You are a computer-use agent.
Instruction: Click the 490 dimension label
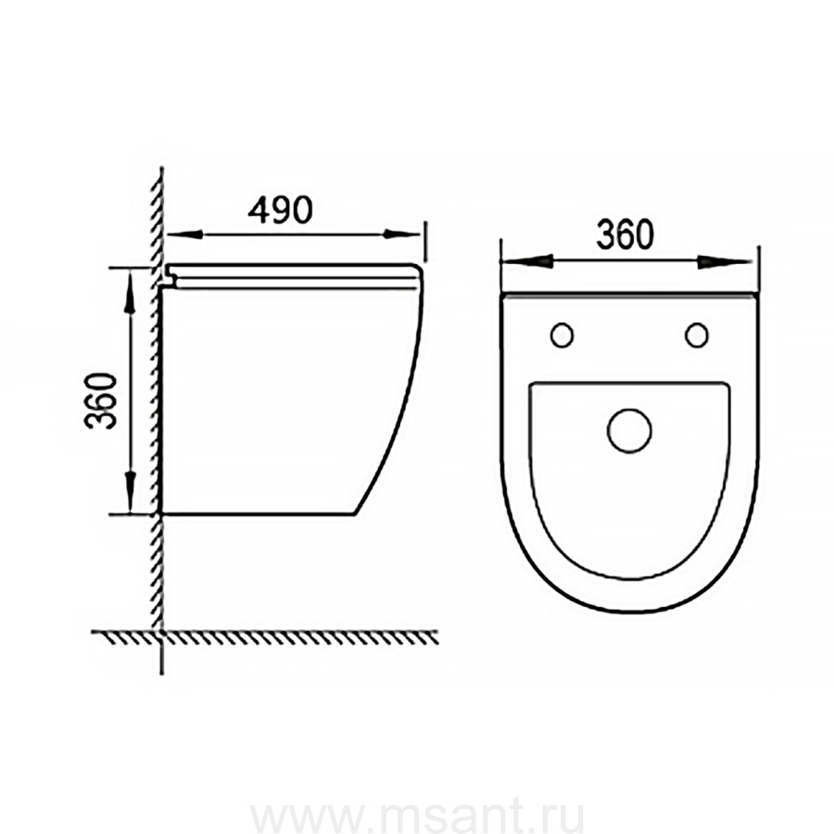tap(280, 209)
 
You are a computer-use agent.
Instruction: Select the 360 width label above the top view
tap(625, 234)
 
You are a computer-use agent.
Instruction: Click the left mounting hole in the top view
tap(562, 335)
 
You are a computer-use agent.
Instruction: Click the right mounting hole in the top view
tap(697, 335)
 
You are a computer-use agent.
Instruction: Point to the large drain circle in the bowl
tap(629, 431)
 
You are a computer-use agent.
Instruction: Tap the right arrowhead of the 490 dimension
tap(402, 234)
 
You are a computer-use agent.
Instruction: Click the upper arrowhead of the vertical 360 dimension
tap(129, 297)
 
